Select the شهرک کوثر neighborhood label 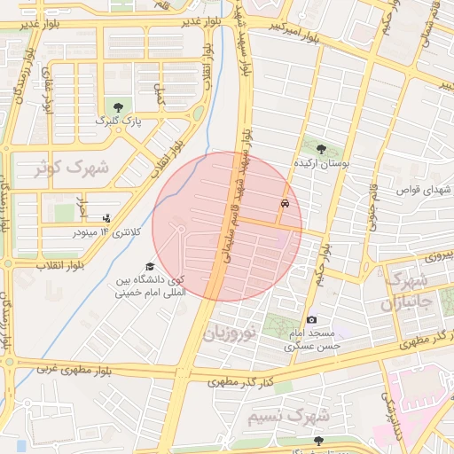71,168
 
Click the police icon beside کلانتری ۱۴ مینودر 107,218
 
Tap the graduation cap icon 150,267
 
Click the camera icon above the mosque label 311,319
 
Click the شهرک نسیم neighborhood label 301,415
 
